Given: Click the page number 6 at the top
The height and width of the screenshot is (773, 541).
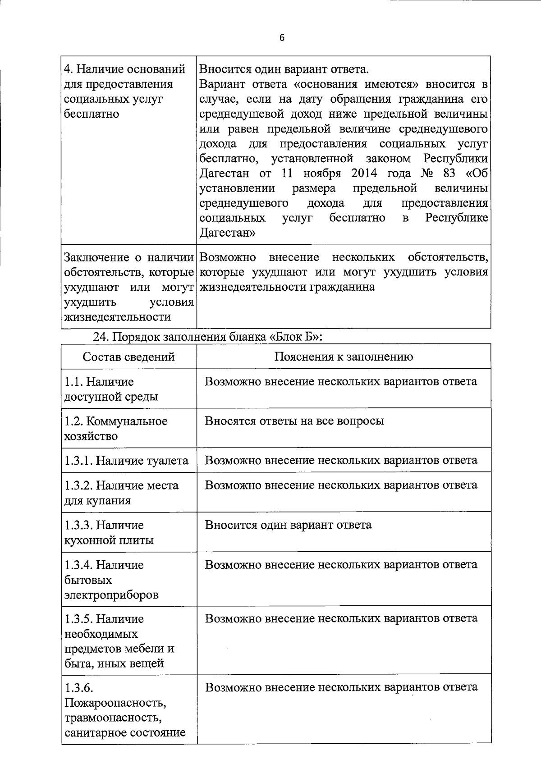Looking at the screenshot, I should [282, 38].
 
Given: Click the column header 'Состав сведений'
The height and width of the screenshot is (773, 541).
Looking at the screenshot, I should [128, 357].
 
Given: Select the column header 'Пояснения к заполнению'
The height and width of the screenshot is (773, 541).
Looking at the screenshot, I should [344, 357].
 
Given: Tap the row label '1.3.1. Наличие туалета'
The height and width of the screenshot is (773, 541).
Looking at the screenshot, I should [126, 461].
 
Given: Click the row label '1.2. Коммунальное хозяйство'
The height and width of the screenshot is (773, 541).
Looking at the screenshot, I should [116, 429].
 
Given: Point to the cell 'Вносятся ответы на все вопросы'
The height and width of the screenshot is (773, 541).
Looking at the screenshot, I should [294, 421].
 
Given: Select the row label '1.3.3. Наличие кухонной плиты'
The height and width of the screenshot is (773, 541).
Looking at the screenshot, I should [109, 533].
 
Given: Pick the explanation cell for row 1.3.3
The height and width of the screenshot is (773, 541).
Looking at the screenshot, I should [288, 525].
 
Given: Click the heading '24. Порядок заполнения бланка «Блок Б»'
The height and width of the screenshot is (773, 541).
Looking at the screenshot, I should [208, 337].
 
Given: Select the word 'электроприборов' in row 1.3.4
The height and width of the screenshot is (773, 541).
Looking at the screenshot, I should [111, 595].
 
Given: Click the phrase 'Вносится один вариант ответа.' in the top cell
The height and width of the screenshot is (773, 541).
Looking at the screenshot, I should [284, 69].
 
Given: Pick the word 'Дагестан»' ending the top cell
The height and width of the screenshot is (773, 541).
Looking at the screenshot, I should [228, 233].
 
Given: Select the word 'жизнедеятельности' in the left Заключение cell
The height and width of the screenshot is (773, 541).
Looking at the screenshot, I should [118, 317].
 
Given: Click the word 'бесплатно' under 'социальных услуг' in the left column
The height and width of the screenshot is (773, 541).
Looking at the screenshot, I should [92, 114].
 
